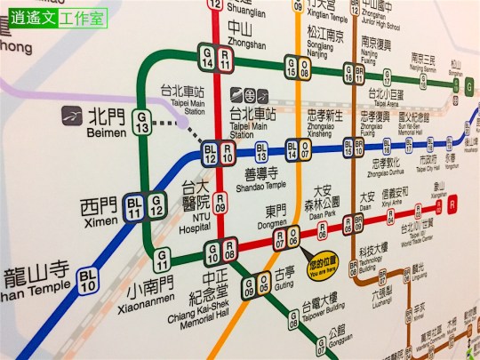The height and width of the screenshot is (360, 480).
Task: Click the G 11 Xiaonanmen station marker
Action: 162,260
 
